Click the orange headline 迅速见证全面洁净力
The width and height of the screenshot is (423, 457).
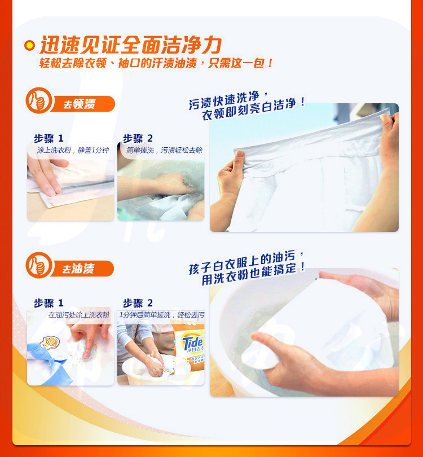(130, 45)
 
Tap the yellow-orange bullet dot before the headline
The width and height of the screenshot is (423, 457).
(29, 45)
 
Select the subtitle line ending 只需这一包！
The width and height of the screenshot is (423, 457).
(156, 63)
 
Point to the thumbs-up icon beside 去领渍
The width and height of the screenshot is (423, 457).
(39, 100)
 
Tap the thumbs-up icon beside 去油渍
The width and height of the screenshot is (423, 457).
(39, 265)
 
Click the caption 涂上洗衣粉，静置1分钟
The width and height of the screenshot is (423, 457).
(73, 150)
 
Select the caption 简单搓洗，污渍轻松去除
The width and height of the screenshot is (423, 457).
(164, 150)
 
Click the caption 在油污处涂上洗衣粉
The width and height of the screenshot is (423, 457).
(79, 315)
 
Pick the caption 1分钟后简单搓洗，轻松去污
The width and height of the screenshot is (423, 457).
(162, 315)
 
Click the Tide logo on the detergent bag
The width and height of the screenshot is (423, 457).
(192, 342)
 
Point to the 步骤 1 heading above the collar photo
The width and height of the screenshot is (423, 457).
(49, 138)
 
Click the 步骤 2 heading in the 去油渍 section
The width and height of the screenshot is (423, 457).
(138, 303)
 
